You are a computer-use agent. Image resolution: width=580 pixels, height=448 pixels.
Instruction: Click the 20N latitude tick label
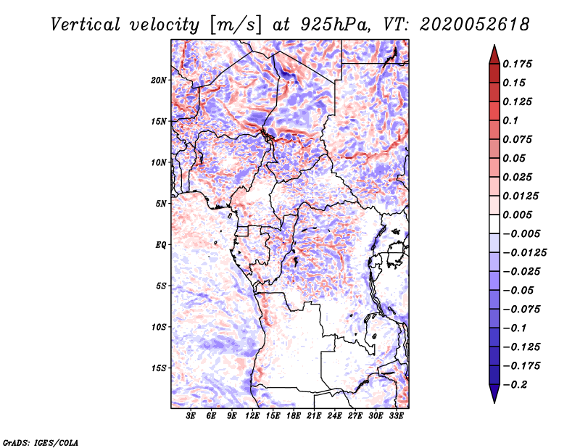[159, 80]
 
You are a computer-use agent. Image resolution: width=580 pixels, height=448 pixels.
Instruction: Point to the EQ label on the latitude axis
[160, 245]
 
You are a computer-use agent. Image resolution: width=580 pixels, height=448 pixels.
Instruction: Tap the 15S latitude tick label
[159, 368]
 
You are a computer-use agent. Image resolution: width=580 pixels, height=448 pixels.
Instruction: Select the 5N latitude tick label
[161, 204]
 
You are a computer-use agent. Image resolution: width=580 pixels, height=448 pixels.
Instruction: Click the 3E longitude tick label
[191, 416]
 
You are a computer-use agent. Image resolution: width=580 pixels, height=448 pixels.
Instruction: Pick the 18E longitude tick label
[294, 416]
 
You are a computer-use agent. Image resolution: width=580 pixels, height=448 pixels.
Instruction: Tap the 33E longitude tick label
[396, 416]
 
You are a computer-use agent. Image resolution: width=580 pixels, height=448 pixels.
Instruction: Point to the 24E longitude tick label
[334, 416]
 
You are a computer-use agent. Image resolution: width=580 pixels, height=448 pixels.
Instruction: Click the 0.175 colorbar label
[517, 64]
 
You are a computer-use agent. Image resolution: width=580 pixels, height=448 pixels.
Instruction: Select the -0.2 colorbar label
[515, 385]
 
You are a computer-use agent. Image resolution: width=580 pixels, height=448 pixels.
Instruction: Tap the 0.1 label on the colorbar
[510, 120]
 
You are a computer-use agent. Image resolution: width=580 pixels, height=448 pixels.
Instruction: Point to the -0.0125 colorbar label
[524, 253]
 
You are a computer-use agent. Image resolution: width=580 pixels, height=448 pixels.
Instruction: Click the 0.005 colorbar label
[517, 215]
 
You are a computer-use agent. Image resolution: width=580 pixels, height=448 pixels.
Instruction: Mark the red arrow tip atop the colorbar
[494, 45]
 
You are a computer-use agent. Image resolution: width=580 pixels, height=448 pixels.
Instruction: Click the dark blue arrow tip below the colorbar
[494, 402]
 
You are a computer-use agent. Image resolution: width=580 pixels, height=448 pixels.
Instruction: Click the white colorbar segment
[494, 224]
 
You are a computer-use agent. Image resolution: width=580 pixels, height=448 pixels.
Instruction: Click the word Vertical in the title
[86, 25]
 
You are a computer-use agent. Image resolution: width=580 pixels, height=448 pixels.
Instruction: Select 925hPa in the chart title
[335, 25]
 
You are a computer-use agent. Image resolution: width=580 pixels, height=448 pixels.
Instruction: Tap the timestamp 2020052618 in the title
[475, 25]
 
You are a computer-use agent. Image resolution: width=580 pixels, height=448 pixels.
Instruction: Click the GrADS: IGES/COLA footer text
[41, 442]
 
